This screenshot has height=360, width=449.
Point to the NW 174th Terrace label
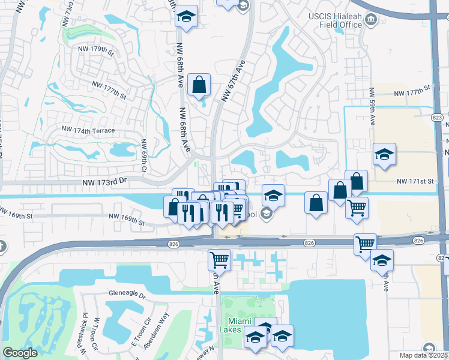88,130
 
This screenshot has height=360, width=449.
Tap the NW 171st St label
414,181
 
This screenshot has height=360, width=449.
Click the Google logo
20,353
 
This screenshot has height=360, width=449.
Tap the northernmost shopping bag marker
199,85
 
